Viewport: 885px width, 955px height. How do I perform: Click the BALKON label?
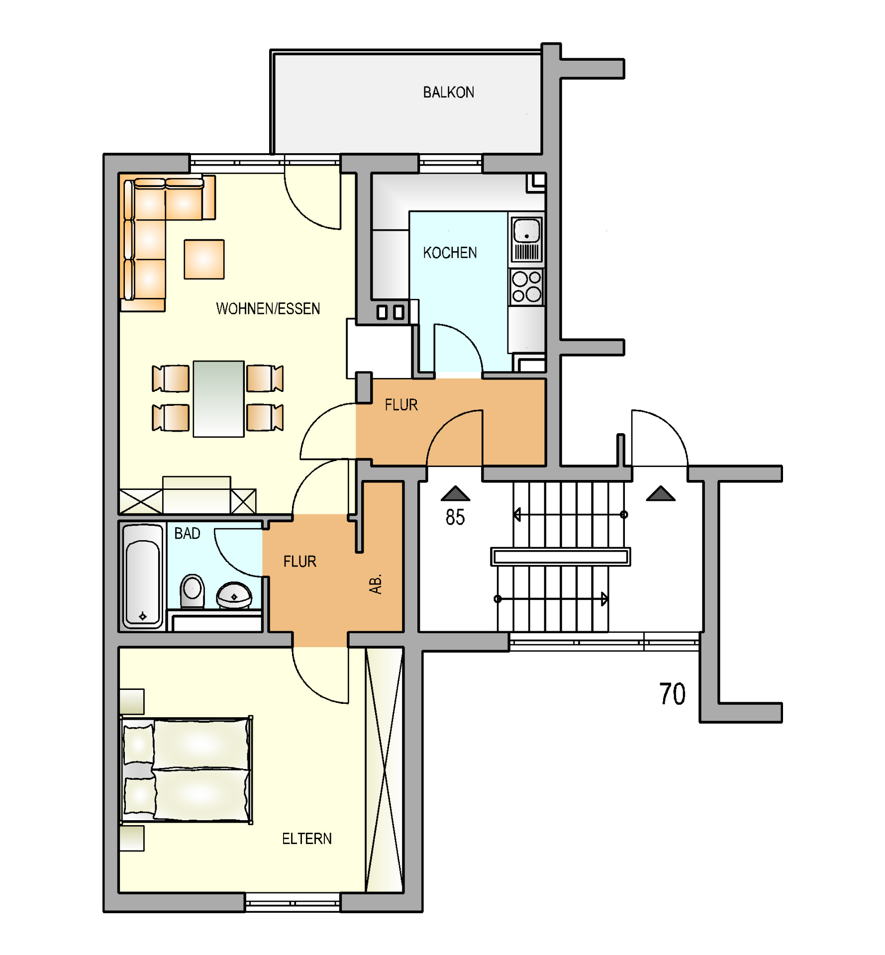coord(448,93)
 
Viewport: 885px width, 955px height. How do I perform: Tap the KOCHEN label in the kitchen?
coord(450,253)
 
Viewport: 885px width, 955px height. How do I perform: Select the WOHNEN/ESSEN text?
coord(268,308)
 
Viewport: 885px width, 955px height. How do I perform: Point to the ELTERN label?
coord(306,839)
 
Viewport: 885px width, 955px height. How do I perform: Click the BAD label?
coord(187,533)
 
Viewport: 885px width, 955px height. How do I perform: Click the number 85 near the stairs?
coord(455,517)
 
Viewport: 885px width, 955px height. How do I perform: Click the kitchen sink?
coord(526,239)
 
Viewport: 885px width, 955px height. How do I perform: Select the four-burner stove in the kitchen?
coord(526,287)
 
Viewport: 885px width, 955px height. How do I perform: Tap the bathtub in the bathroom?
coord(143,575)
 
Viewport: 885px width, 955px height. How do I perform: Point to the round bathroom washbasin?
coord(234,595)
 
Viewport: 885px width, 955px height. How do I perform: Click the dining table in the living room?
coord(218,399)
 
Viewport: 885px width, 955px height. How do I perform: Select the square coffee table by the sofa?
coord(204,259)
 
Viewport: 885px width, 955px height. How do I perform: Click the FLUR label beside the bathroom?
coord(299,562)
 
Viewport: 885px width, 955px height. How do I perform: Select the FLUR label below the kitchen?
coord(401,405)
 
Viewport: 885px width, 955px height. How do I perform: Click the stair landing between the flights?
coord(561,557)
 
